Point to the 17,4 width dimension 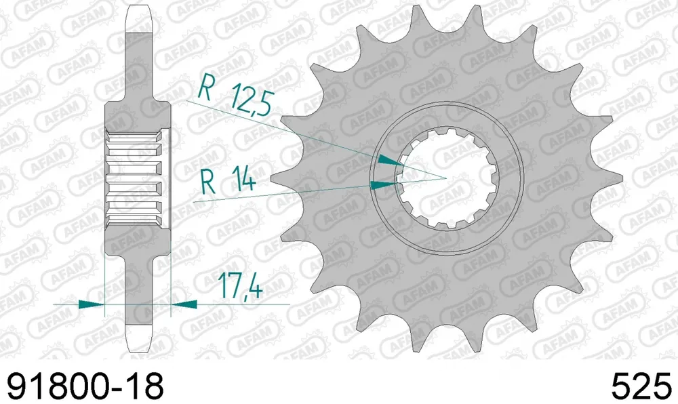pos(239,285)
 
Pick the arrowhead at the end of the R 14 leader pos(384,185)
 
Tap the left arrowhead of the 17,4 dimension pos(92,304)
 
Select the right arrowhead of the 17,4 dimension pos(184,304)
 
